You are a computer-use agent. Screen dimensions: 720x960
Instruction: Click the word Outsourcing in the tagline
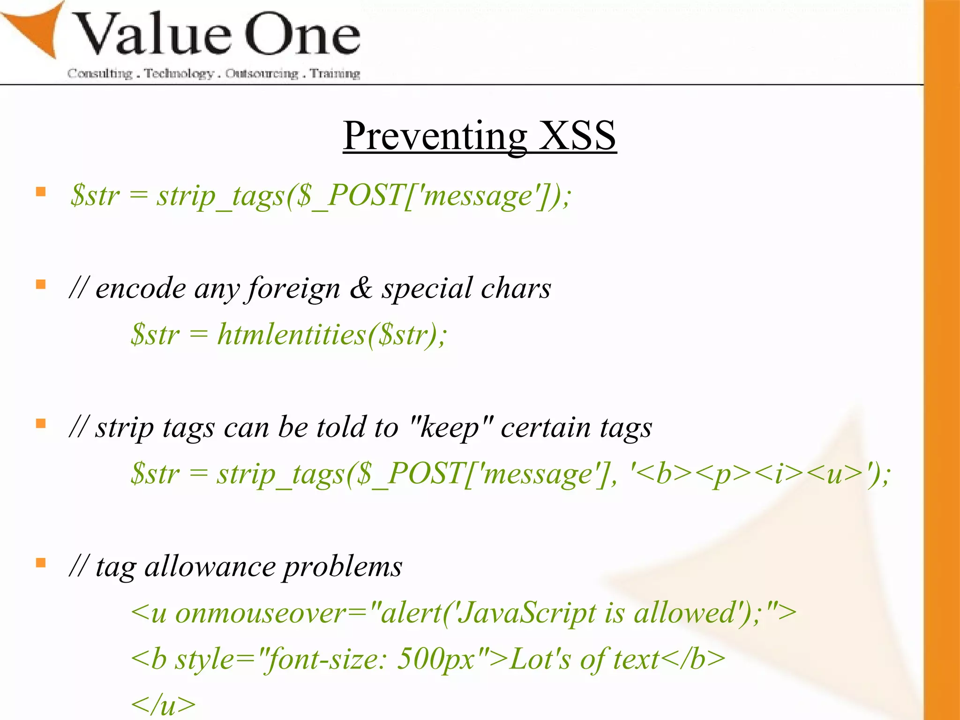point(262,74)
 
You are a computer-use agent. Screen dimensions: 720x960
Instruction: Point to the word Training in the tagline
point(335,74)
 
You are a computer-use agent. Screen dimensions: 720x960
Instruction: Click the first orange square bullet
point(41,192)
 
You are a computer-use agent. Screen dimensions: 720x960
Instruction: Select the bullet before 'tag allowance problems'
point(41,562)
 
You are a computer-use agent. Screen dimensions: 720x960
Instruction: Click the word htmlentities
point(291,335)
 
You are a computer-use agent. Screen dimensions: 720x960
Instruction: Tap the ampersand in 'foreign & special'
point(361,288)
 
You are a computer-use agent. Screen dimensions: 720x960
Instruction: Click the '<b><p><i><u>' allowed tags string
point(750,473)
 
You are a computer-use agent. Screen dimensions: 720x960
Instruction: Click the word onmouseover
point(261,613)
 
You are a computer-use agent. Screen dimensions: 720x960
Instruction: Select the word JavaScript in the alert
point(526,613)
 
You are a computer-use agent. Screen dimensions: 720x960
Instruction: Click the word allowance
point(210,567)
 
